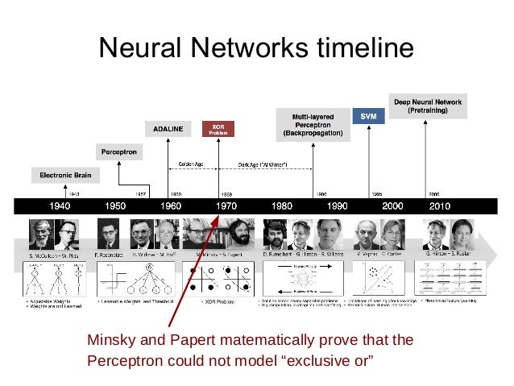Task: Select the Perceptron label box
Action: [119, 151]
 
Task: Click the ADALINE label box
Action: [168, 128]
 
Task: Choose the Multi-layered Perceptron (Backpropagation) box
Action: [313, 122]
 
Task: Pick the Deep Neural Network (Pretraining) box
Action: [427, 106]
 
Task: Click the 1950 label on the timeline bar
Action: [115, 205]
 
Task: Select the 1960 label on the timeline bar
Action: [171, 205]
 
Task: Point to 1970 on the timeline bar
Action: [226, 205]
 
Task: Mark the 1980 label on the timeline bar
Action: [281, 205]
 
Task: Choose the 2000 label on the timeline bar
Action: [392, 205]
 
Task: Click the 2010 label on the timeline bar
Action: [440, 205]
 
